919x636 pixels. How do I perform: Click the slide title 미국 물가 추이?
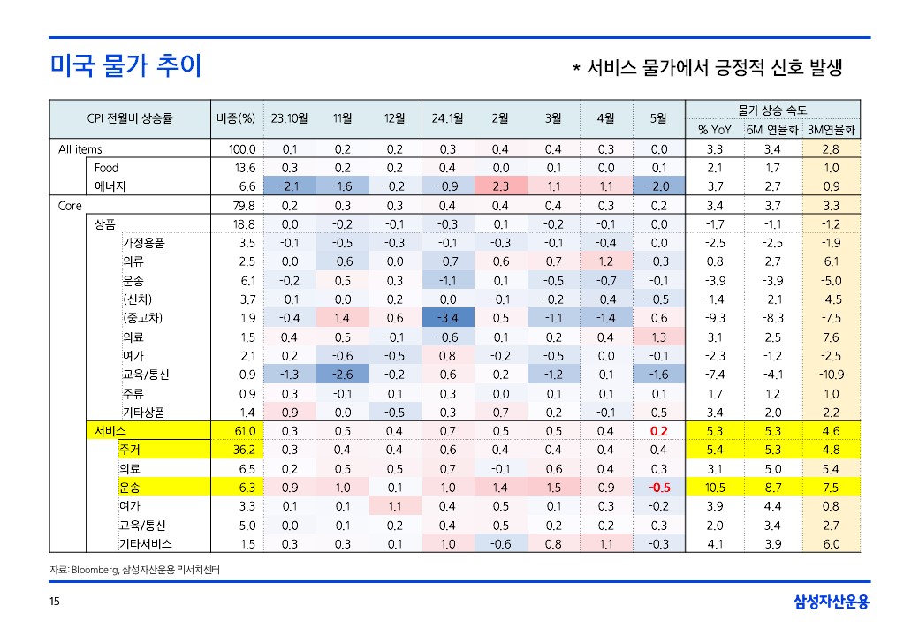(x=125, y=65)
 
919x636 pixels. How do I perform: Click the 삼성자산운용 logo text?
(x=831, y=602)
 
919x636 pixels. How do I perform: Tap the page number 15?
(x=55, y=602)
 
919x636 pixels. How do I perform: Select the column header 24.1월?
(x=447, y=118)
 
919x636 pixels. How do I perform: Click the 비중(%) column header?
(x=235, y=118)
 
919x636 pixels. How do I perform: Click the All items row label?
(x=80, y=149)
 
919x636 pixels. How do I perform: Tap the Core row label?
(x=70, y=206)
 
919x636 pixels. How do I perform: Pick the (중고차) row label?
(x=142, y=318)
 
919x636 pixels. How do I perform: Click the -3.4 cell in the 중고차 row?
(x=447, y=318)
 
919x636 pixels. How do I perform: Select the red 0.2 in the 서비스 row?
(x=658, y=431)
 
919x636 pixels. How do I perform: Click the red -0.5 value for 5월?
(x=658, y=488)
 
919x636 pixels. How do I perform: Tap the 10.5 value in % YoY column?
(x=715, y=488)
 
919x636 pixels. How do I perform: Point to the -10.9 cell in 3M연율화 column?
(x=831, y=375)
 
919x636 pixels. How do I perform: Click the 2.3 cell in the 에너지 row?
(x=500, y=186)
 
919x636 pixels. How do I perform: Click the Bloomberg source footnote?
(x=135, y=571)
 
